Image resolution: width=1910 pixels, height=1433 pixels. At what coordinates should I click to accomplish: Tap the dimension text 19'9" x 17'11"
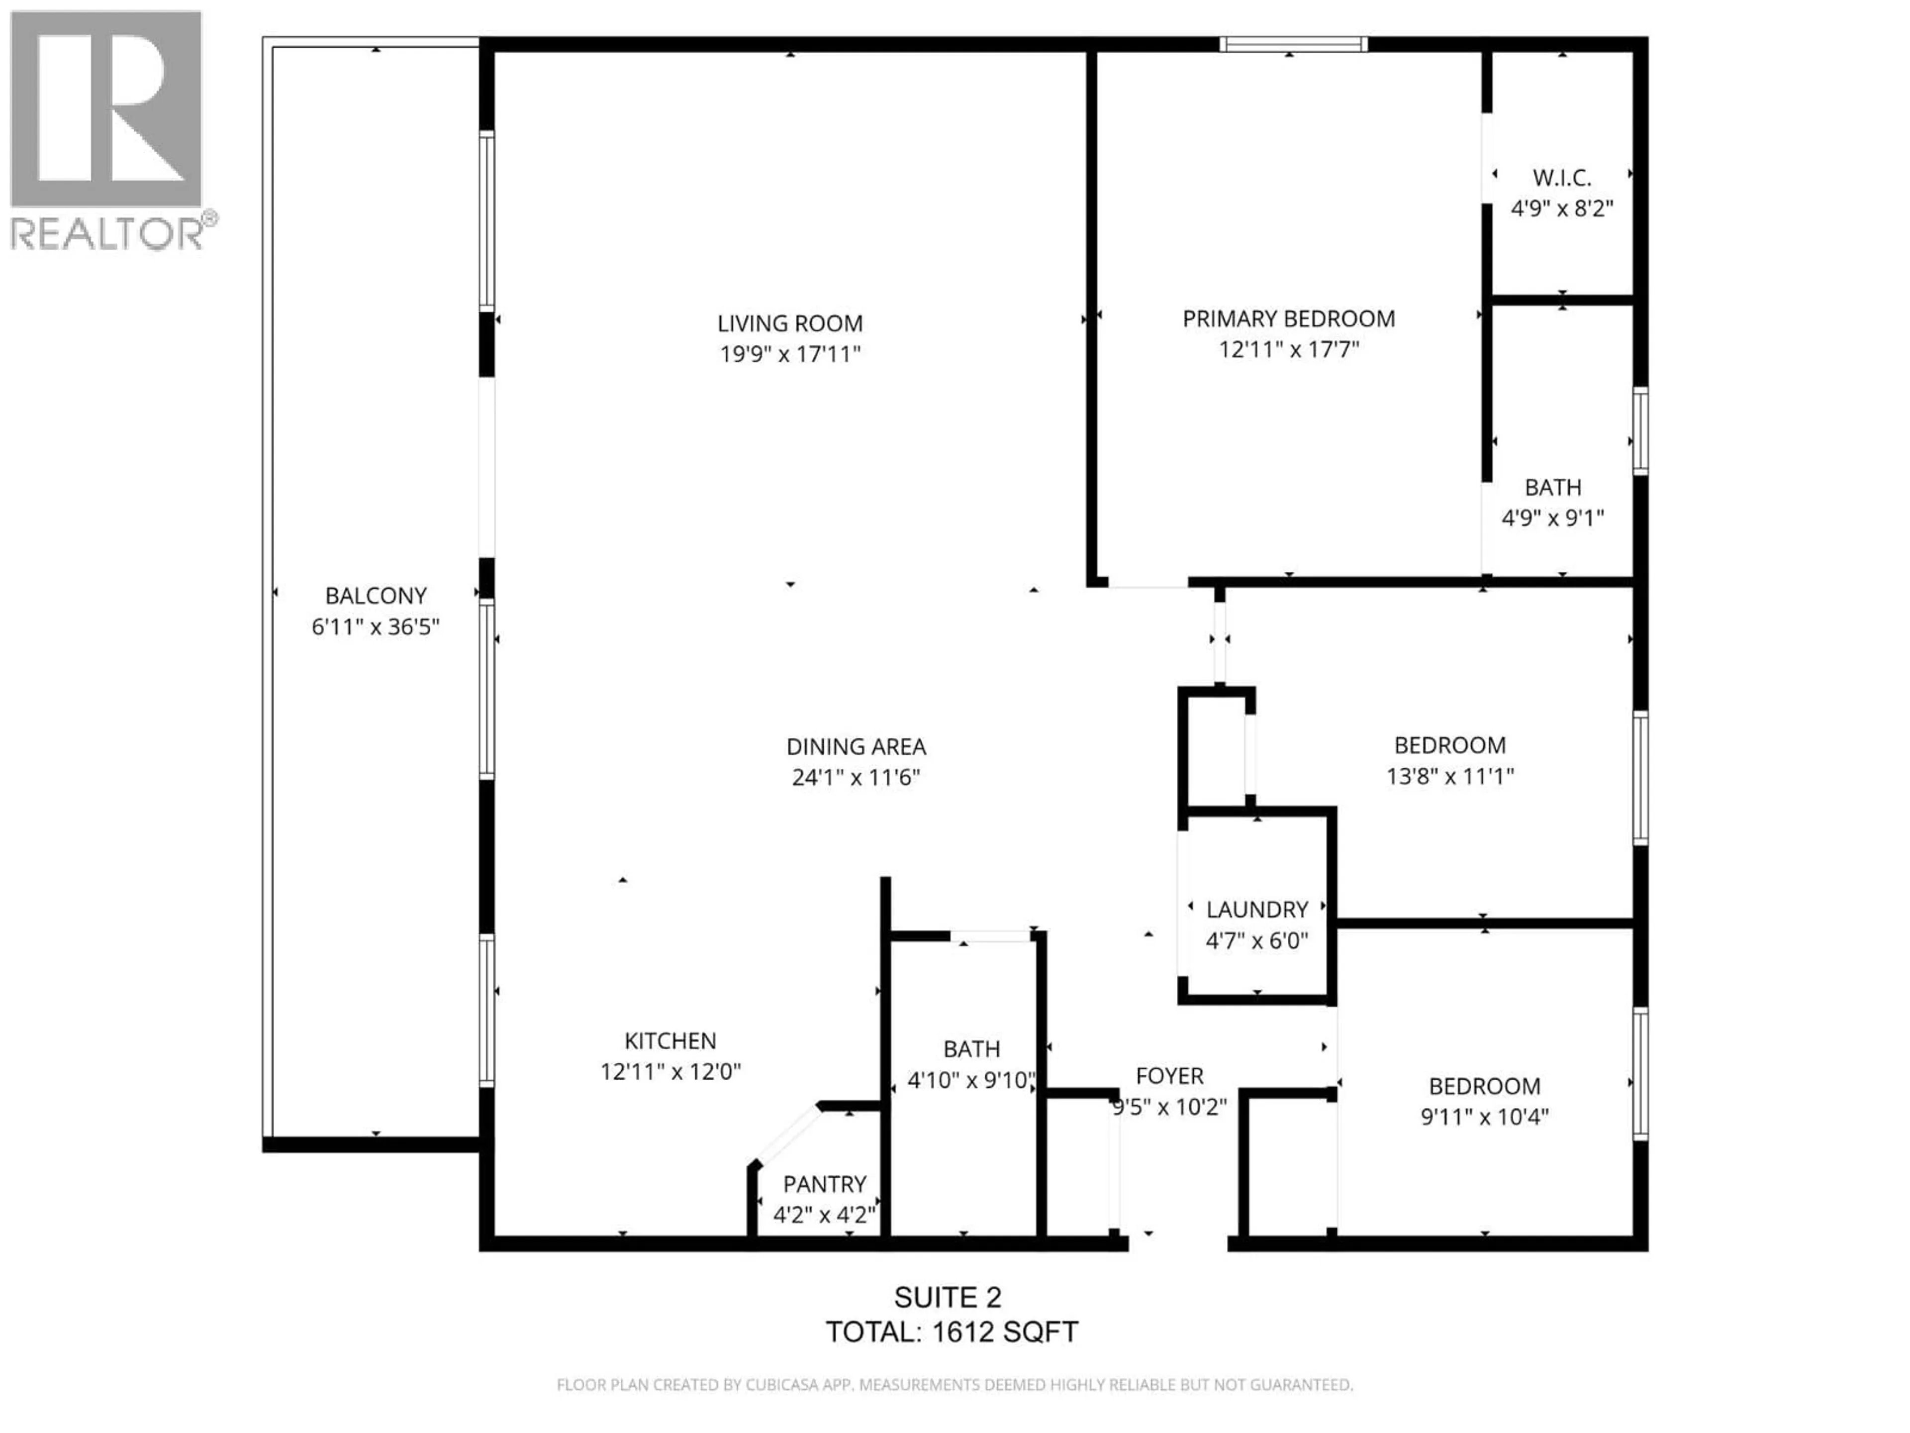pos(790,354)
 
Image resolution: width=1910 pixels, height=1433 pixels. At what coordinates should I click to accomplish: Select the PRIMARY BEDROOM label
pos(1288,319)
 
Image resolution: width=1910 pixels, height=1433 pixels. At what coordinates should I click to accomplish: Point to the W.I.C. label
pos(1562,178)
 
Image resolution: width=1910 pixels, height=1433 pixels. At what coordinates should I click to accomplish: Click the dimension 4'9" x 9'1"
pos(1552,518)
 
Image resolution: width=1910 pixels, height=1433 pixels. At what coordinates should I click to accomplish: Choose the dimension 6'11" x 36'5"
pos(376,626)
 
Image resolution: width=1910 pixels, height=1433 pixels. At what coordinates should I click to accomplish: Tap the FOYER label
pos(1169,1076)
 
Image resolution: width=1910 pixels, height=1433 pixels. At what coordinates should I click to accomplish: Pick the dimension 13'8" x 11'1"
pos(1450,777)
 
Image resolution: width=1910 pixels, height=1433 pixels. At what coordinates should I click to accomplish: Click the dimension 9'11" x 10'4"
pos(1484,1117)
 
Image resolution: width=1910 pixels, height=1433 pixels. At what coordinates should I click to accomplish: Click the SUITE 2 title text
pos(947,1297)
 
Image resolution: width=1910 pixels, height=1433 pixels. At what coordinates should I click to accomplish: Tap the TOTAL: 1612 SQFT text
pos(952,1332)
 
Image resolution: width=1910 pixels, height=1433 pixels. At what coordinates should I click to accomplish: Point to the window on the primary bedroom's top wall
pos(1293,44)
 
